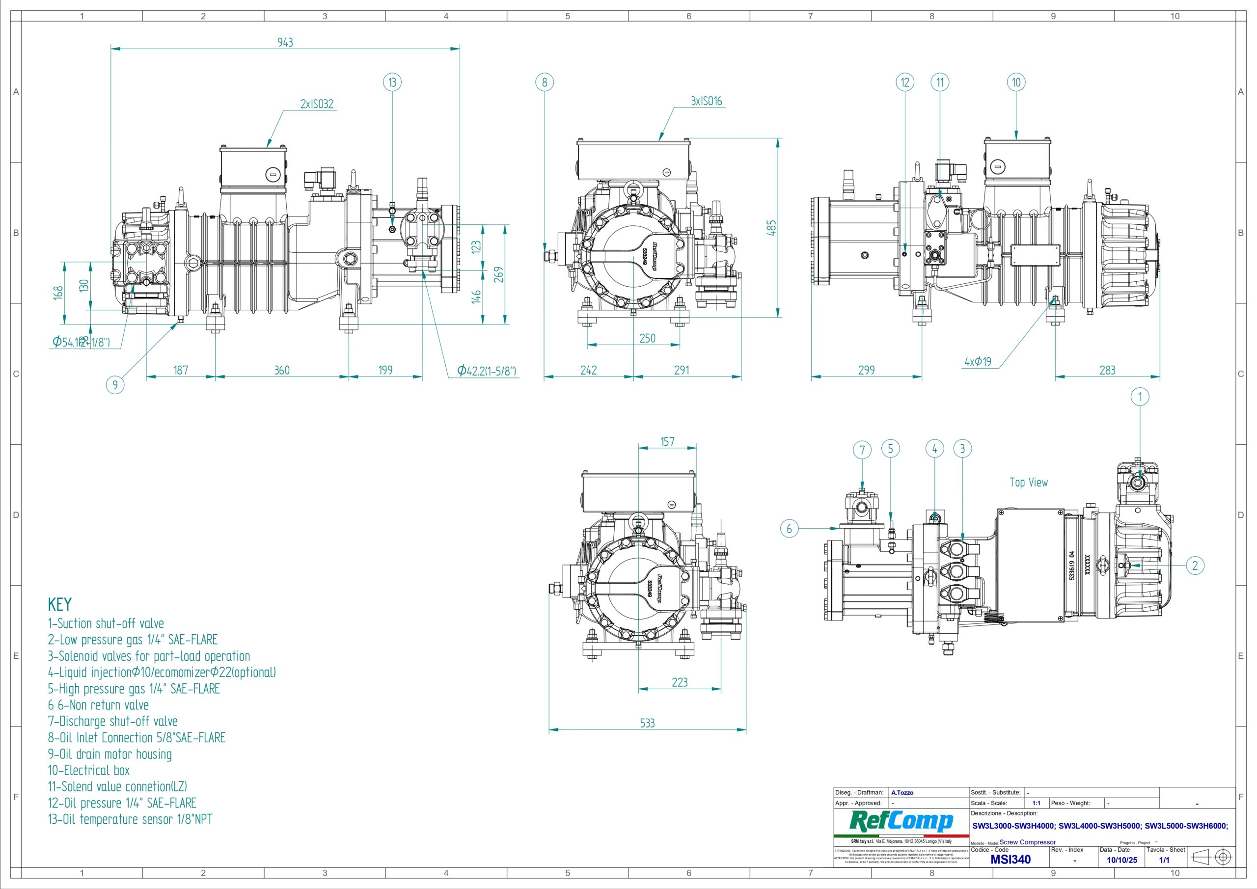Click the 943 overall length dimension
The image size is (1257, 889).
pyautogui.click(x=285, y=42)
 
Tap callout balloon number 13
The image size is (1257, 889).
pyautogui.click(x=392, y=82)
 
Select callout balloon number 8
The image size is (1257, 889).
pyautogui.click(x=544, y=82)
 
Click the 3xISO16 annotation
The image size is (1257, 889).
pyautogui.click(x=706, y=101)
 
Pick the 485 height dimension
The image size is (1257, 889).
pyautogui.click(x=771, y=228)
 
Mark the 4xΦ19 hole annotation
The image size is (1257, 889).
pyautogui.click(x=978, y=362)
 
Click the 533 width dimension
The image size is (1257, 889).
pyautogui.click(x=647, y=723)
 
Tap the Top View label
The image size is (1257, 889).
pyautogui.click(x=1028, y=482)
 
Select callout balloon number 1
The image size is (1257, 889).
pyautogui.click(x=1140, y=397)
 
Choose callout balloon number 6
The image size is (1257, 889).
pyautogui.click(x=789, y=529)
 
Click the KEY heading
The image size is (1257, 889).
pyautogui.click(x=60, y=604)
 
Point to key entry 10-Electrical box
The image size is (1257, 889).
pyautogui.click(x=89, y=770)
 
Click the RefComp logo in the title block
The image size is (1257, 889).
pyautogui.click(x=901, y=821)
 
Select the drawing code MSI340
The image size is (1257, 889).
pyautogui.click(x=1010, y=860)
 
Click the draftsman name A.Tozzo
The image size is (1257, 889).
pyautogui.click(x=902, y=793)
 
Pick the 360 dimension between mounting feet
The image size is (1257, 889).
pyautogui.click(x=281, y=370)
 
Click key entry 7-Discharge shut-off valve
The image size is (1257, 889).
pyautogui.click(x=113, y=722)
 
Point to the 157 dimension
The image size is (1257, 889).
pyautogui.click(x=667, y=441)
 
